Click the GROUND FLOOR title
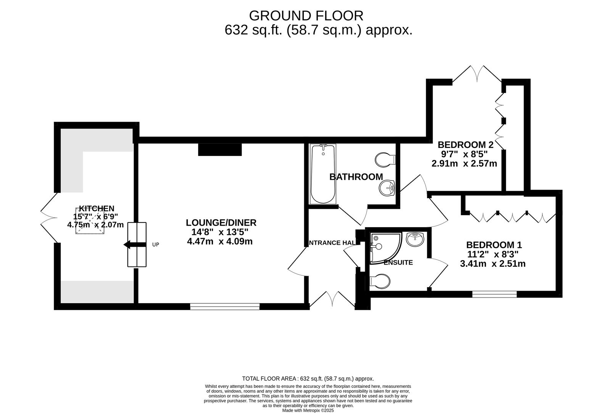click(x=306, y=16)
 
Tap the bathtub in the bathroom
click(x=323, y=174)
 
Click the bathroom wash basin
click(x=387, y=187)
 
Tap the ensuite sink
click(x=414, y=239)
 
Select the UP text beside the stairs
click(x=155, y=245)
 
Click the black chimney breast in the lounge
click(x=220, y=150)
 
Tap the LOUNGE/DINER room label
click(x=221, y=223)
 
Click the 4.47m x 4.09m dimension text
click(x=220, y=242)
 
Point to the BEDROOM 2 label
click(x=465, y=145)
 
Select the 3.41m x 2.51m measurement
click(x=493, y=264)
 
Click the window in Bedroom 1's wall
click(x=494, y=294)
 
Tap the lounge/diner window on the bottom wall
click(x=225, y=306)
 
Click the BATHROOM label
click(x=356, y=177)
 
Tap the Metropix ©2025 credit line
click(x=308, y=410)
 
